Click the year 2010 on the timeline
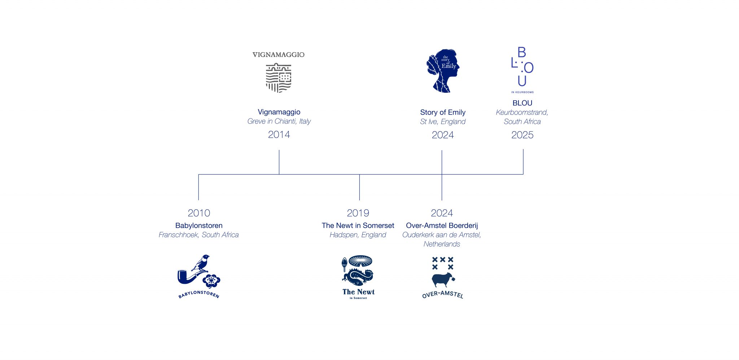point(199,213)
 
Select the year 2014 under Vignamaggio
point(279,135)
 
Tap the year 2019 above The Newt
point(358,213)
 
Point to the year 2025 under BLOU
point(522,135)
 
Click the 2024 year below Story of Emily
point(443,135)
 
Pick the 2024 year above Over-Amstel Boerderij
point(442,213)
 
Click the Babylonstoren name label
point(199,226)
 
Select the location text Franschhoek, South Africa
point(199,235)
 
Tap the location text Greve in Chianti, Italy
point(279,121)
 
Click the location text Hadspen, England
point(358,235)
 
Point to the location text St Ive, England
point(443,122)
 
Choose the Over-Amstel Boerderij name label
point(442,226)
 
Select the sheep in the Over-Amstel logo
point(442,279)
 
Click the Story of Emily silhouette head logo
point(443,71)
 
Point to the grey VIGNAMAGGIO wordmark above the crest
point(279,55)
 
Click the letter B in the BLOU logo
point(522,53)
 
